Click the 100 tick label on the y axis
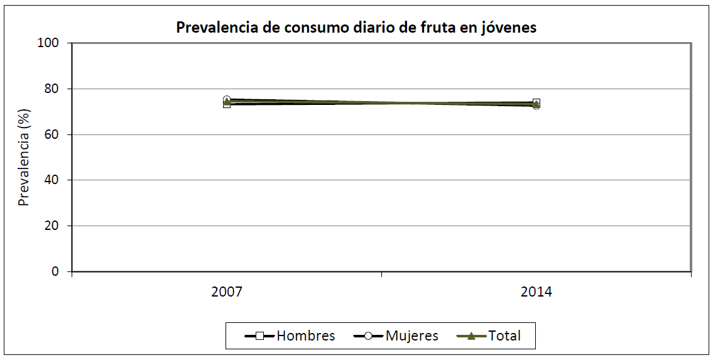pos(48,43)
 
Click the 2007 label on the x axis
pos(227,293)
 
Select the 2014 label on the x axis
pos(536,293)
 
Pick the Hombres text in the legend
pos(306,335)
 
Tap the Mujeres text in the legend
pos(412,335)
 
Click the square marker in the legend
pos(259,335)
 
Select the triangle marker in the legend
pos(471,335)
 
